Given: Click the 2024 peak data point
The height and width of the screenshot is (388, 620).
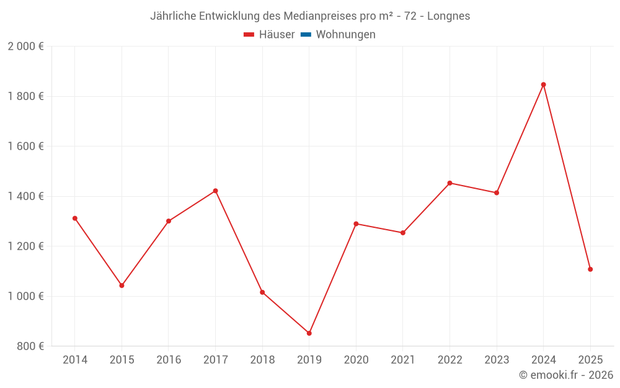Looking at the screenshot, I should click(x=543, y=84).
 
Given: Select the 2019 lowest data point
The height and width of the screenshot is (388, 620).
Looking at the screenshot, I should click(x=309, y=333).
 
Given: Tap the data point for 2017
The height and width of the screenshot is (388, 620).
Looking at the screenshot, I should click(x=215, y=191).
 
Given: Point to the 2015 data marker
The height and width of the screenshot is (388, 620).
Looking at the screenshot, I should click(x=122, y=286).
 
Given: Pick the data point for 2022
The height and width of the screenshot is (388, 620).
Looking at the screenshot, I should click(x=449, y=183).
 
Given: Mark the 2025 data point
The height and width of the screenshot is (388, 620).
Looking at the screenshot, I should click(x=590, y=269).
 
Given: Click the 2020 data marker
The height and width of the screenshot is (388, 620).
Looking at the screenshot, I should click(x=356, y=223).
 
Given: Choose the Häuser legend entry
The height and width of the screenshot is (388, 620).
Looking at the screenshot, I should click(x=269, y=35).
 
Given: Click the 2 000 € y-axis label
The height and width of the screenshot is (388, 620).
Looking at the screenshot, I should click(x=25, y=47).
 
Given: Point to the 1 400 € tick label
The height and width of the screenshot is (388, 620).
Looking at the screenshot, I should click(x=25, y=196).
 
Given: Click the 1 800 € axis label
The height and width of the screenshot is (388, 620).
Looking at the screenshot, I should click(x=25, y=96).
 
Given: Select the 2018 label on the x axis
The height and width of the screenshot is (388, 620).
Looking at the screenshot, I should click(x=262, y=360).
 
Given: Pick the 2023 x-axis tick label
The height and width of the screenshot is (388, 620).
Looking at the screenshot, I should click(x=497, y=360).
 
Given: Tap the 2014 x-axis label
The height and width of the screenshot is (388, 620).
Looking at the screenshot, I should click(x=75, y=360).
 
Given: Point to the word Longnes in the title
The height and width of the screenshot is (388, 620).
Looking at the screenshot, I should click(x=448, y=16).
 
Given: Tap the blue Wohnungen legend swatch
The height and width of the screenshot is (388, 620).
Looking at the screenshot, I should click(x=306, y=35).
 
